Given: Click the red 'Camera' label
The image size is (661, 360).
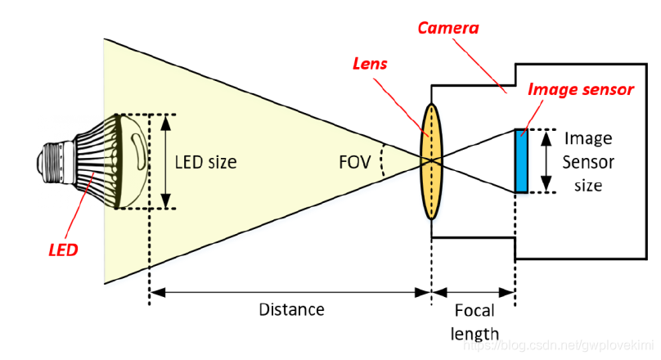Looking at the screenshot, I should (448, 28).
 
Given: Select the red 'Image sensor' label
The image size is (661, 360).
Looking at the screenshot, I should (581, 89).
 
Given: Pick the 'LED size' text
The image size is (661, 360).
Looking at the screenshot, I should (205, 162).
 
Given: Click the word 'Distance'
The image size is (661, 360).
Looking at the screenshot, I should (291, 309).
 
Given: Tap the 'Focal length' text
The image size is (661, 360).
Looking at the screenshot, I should (474, 322).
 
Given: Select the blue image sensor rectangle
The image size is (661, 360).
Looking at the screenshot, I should (520, 160).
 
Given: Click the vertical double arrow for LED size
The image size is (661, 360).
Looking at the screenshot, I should (167, 161).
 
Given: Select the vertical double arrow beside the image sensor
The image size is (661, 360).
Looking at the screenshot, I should (545, 160).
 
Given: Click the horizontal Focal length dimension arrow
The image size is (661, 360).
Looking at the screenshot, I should (474, 290).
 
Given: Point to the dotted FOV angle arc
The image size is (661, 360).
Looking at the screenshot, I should (383, 162).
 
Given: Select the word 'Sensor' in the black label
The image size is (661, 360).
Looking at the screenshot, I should (588, 162).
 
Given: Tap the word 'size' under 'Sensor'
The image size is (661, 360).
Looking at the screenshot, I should (588, 185).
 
